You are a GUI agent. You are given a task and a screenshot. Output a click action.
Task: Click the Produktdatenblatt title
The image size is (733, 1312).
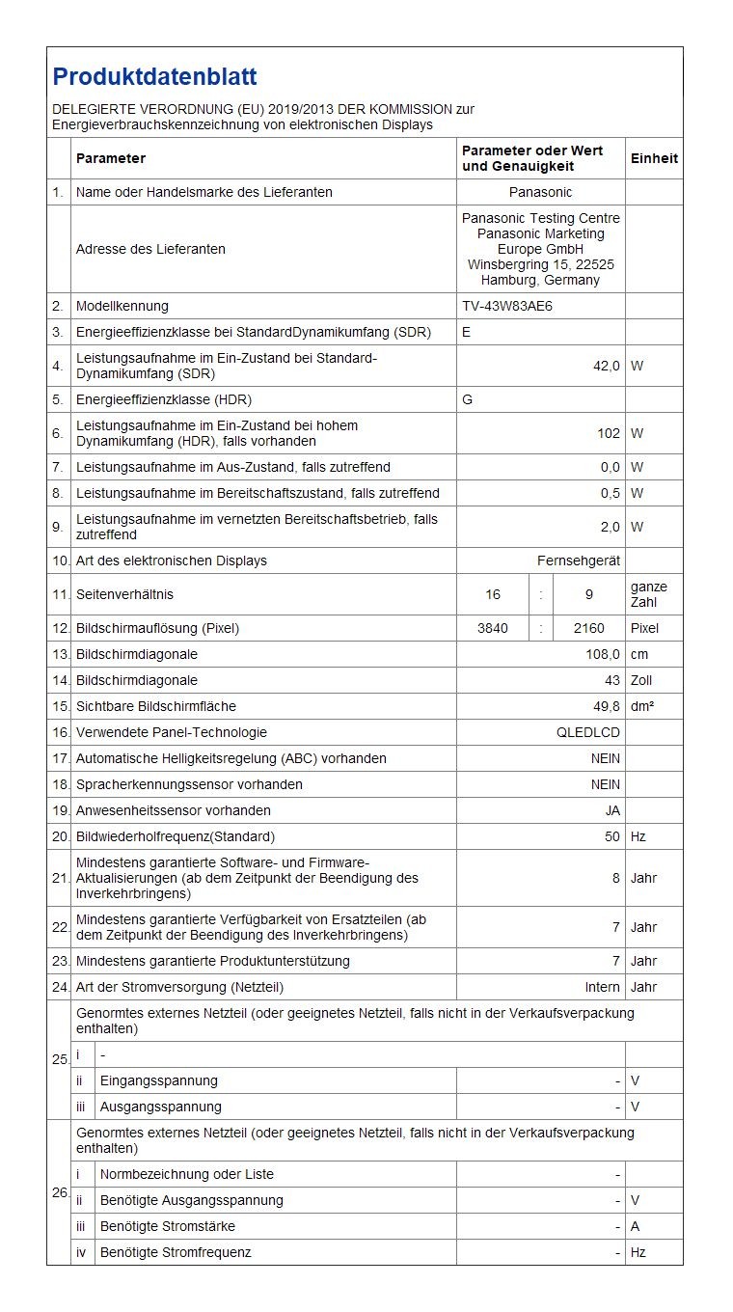click(x=154, y=77)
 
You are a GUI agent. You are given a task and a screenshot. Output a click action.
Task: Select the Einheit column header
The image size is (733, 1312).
click(x=654, y=158)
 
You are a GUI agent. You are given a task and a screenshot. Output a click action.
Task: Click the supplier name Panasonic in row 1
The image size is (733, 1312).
click(x=540, y=192)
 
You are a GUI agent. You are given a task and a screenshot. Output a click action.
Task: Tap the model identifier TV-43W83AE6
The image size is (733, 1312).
click(x=507, y=306)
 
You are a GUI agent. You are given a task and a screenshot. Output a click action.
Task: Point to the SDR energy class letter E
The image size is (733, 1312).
click(x=467, y=332)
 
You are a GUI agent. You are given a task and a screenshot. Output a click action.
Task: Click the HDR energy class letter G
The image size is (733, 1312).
click(x=468, y=399)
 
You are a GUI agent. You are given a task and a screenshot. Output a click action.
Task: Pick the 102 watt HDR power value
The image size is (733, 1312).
click(x=609, y=433)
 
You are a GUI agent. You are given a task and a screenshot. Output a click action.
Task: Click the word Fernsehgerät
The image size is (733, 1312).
click(x=579, y=560)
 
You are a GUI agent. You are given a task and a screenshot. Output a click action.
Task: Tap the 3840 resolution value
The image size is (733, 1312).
click(x=493, y=628)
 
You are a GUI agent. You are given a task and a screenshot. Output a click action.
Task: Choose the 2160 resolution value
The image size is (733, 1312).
click(x=588, y=628)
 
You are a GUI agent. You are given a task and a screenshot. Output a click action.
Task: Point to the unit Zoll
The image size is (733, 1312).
click(x=642, y=680)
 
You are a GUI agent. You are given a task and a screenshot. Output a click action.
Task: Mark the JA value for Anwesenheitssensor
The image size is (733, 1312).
click(x=612, y=810)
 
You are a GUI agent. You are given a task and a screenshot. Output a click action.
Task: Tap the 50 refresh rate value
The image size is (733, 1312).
click(x=612, y=836)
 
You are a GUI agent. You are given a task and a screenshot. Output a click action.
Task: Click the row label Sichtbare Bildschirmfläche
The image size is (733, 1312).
click(x=156, y=706)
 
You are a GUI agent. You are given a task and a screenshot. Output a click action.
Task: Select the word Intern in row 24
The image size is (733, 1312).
click(x=602, y=987)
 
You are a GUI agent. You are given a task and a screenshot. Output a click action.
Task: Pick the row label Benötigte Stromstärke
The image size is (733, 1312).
click(x=168, y=1226)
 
